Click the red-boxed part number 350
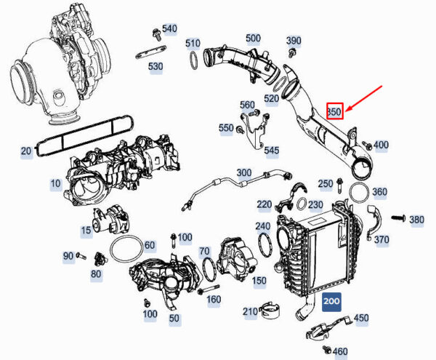334,111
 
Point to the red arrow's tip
346,113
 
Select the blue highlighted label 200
332,301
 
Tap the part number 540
169,28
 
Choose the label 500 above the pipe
253,38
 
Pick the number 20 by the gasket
26,151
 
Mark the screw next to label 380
397,217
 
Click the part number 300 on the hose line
244,172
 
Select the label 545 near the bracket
271,151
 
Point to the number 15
86,230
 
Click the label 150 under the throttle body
259,280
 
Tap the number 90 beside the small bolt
68,255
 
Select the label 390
294,40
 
